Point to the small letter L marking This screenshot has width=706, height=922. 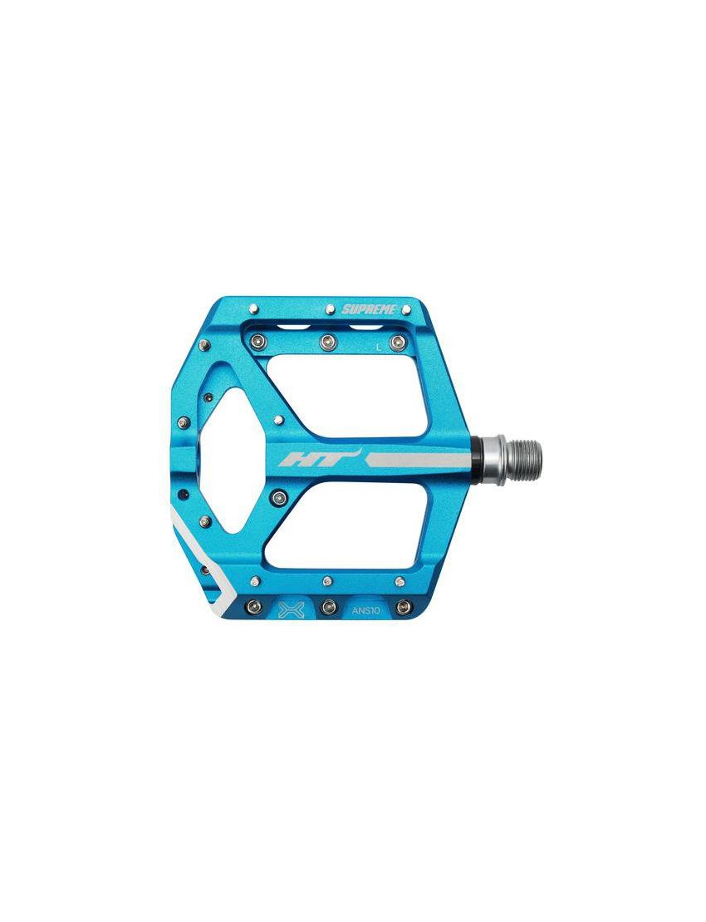[x=379, y=348]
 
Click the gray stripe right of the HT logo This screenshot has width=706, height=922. [x=418, y=460]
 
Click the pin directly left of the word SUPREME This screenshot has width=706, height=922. [x=330, y=308]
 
